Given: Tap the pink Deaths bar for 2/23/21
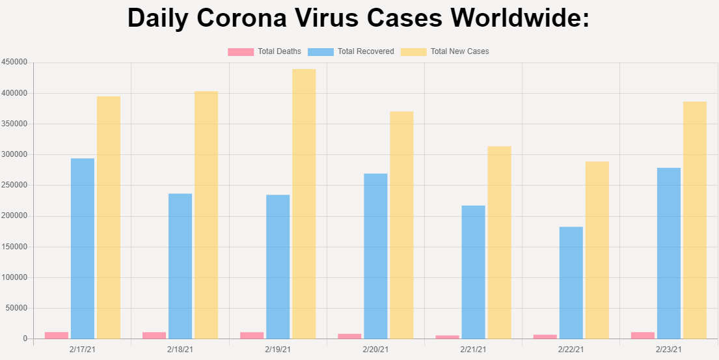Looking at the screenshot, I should [x=643, y=335].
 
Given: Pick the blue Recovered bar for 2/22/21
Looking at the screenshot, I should [x=571, y=283].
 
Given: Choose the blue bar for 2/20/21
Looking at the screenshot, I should [x=375, y=256].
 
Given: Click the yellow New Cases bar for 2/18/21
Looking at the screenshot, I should [x=206, y=215].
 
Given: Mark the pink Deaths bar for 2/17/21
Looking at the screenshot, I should [x=57, y=335].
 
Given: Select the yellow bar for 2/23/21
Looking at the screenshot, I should [x=695, y=220].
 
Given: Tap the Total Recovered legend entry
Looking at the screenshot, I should [x=351, y=51].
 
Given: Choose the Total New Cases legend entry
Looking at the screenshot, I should [x=445, y=51].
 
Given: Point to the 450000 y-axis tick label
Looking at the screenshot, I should [x=14, y=62].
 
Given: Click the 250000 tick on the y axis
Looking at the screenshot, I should [x=14, y=186].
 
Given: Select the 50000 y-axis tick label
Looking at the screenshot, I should [x=16, y=308].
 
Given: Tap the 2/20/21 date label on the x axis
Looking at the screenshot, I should [x=375, y=350].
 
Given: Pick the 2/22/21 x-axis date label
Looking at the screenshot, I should [x=571, y=350].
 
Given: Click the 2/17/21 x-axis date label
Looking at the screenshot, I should [x=82, y=350].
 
